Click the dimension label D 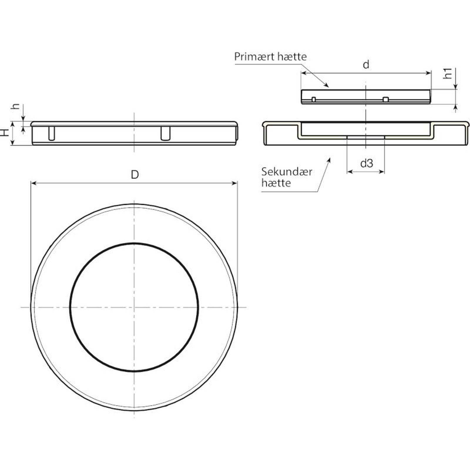pos(135,175)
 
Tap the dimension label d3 pos(367,163)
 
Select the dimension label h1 pos(448,73)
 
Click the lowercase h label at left pos(16,106)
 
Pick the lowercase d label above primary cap pos(366,64)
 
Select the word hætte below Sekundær pos(276,183)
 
